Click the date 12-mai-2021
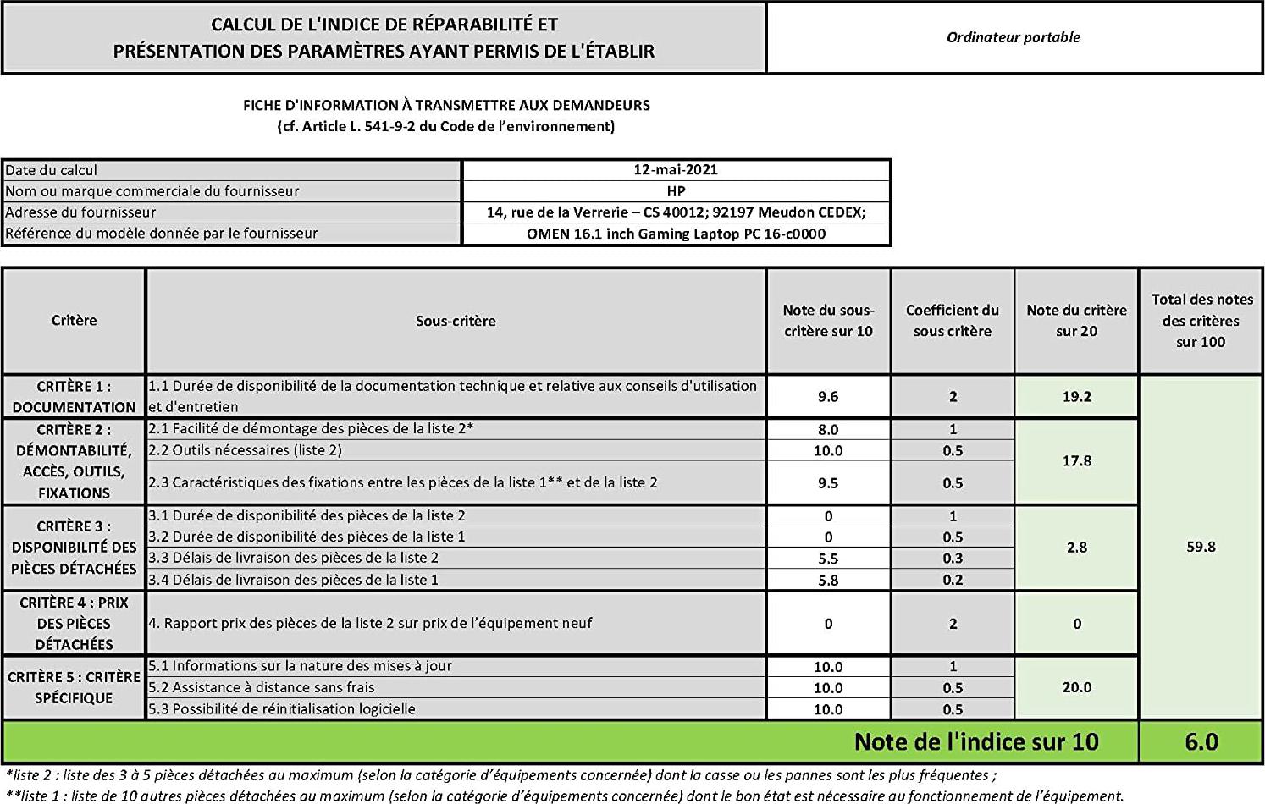pyautogui.click(x=675, y=169)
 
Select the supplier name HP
pyautogui.click(x=675, y=191)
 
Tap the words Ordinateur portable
pyautogui.click(x=1013, y=37)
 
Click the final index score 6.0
pyautogui.click(x=1201, y=742)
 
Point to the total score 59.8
pyautogui.click(x=1201, y=547)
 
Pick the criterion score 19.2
pyautogui.click(x=1076, y=396)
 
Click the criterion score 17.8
pyautogui.click(x=1076, y=461)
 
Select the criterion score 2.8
pyautogui.click(x=1076, y=548)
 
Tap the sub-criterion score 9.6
pyautogui.click(x=827, y=396)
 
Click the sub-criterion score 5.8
pyautogui.click(x=827, y=581)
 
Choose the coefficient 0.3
pyautogui.click(x=953, y=559)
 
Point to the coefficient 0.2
pyautogui.click(x=953, y=581)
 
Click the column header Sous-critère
pyautogui.click(x=456, y=321)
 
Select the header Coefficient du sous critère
pyautogui.click(x=953, y=321)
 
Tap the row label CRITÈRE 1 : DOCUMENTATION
pyautogui.click(x=74, y=396)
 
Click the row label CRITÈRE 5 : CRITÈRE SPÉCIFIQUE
pyautogui.click(x=74, y=687)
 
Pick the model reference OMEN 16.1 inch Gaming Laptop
pyautogui.click(x=676, y=234)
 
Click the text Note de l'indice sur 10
pyautogui.click(x=975, y=742)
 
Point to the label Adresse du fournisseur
pyautogui.click(x=80, y=212)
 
